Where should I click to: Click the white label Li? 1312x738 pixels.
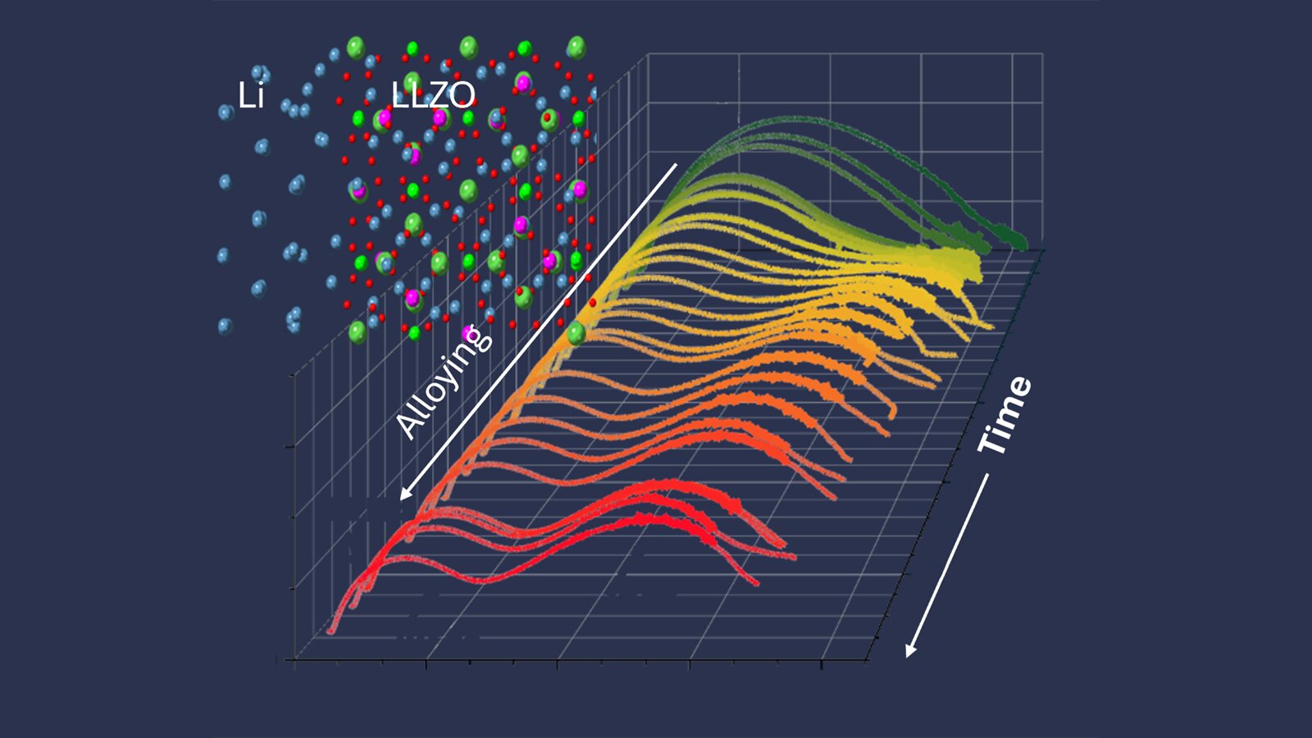[251, 96]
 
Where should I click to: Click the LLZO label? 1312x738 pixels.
[433, 95]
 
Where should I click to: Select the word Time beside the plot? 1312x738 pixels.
[1005, 415]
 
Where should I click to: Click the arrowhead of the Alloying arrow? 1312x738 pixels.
[403, 496]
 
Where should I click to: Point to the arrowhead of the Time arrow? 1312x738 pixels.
[909, 653]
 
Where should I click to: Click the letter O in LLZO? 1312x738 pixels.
[461, 95]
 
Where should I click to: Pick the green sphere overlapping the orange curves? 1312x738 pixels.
[576, 332]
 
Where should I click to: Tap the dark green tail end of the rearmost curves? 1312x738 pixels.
[1018, 242]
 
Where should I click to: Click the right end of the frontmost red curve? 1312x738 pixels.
[756, 583]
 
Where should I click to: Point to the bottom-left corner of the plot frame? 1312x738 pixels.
[295, 659]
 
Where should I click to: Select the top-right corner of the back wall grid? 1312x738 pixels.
[1042, 54]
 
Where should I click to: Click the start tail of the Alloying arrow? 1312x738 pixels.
[676, 165]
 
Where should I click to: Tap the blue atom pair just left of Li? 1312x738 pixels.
[226, 111]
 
